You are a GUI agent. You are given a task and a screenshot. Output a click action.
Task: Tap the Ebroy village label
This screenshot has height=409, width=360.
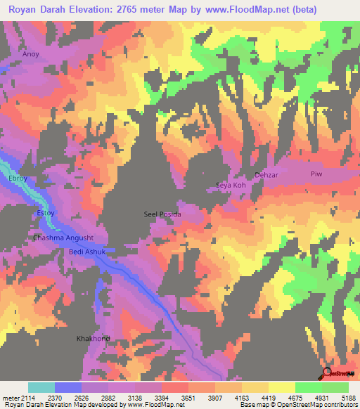pyautogui.click(x=16, y=179)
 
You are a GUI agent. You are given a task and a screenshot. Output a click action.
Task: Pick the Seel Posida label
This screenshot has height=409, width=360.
pyautogui.click(x=162, y=214)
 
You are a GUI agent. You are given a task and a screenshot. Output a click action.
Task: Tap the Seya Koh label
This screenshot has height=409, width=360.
pyautogui.click(x=231, y=186)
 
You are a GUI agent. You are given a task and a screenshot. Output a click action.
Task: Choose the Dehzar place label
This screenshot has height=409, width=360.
pyautogui.click(x=266, y=174)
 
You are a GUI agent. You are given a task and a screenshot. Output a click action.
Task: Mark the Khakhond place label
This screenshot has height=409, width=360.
pyautogui.click(x=94, y=339)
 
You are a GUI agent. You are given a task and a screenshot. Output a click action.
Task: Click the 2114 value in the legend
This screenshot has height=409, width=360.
pyautogui.click(x=27, y=398)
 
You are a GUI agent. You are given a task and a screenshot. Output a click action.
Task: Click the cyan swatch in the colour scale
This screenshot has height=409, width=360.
pyautogui.click(x=41, y=387)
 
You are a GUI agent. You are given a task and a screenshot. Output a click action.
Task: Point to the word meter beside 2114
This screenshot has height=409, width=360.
pyautogui.click(x=11, y=398)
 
